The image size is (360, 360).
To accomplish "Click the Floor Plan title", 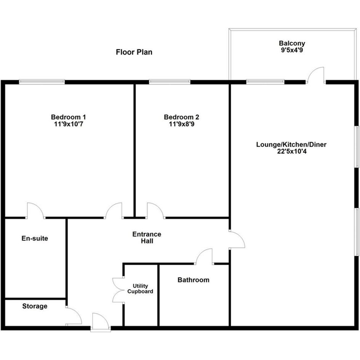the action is pos(134,52).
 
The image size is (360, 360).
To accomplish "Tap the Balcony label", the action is pos(292,43).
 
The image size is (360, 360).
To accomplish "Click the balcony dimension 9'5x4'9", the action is pos(292,50).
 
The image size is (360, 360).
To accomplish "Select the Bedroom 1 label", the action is pos(69,117).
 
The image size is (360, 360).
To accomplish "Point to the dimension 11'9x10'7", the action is pos(69,124).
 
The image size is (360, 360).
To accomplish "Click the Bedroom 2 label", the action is pos(181,117).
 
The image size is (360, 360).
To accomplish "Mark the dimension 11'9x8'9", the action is pos(181,124).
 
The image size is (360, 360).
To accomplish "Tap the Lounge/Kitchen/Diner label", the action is pos(291,145).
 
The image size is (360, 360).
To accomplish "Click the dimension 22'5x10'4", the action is pos(291,151).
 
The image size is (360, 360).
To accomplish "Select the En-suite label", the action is pos(35,238).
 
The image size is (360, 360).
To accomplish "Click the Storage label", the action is pos(35,306).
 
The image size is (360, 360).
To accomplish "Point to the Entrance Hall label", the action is pos(147,238).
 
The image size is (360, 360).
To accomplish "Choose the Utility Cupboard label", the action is pos(140,289).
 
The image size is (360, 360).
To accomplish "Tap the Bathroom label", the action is pos(193,280).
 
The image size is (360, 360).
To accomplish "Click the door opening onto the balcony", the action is pos(316,75).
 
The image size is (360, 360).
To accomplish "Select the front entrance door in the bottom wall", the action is pos(100,322).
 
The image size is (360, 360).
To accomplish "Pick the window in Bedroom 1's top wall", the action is pos(42,82).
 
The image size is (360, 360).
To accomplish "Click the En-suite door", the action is pos(35,211).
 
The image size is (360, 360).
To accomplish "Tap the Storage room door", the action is pos(74,316).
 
